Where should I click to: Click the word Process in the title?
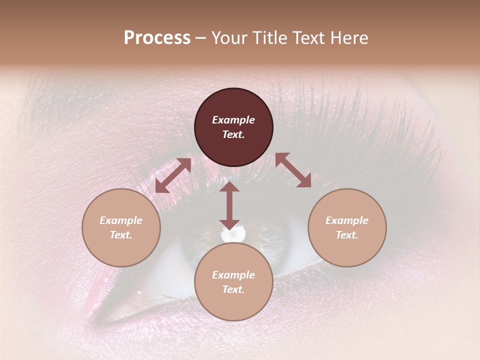click(x=157, y=38)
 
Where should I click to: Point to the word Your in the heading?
click(x=227, y=38)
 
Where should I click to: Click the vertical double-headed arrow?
click(x=229, y=205)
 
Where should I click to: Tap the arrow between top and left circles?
click(x=173, y=175)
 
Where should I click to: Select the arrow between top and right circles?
click(x=293, y=170)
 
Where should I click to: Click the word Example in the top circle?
click(x=233, y=120)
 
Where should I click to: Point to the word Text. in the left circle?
click(x=121, y=235)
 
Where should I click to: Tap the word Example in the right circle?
click(x=347, y=220)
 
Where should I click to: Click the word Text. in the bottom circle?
click(x=233, y=289)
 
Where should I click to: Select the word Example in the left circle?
click(x=121, y=220)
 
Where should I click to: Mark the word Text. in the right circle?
click(x=347, y=235)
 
